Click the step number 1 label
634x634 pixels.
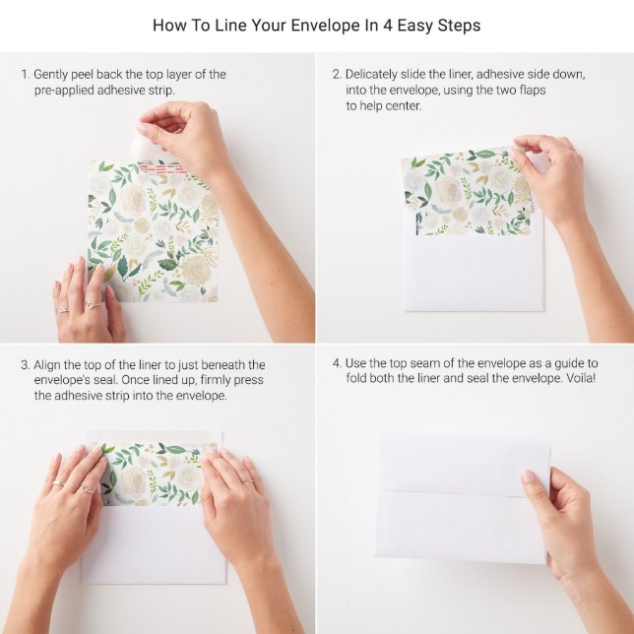[26, 75]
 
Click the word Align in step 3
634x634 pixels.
[50, 365]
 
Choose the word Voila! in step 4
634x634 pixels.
[577, 378]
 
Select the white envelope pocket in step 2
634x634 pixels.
[474, 270]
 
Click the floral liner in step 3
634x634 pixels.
[158, 472]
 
